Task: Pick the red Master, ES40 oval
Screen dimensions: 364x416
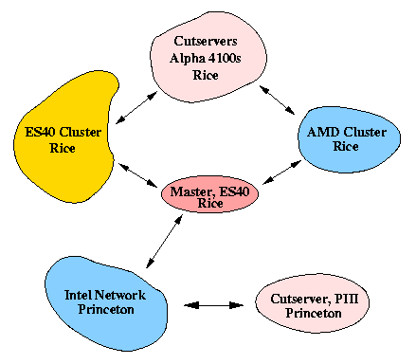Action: tap(209, 197)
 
